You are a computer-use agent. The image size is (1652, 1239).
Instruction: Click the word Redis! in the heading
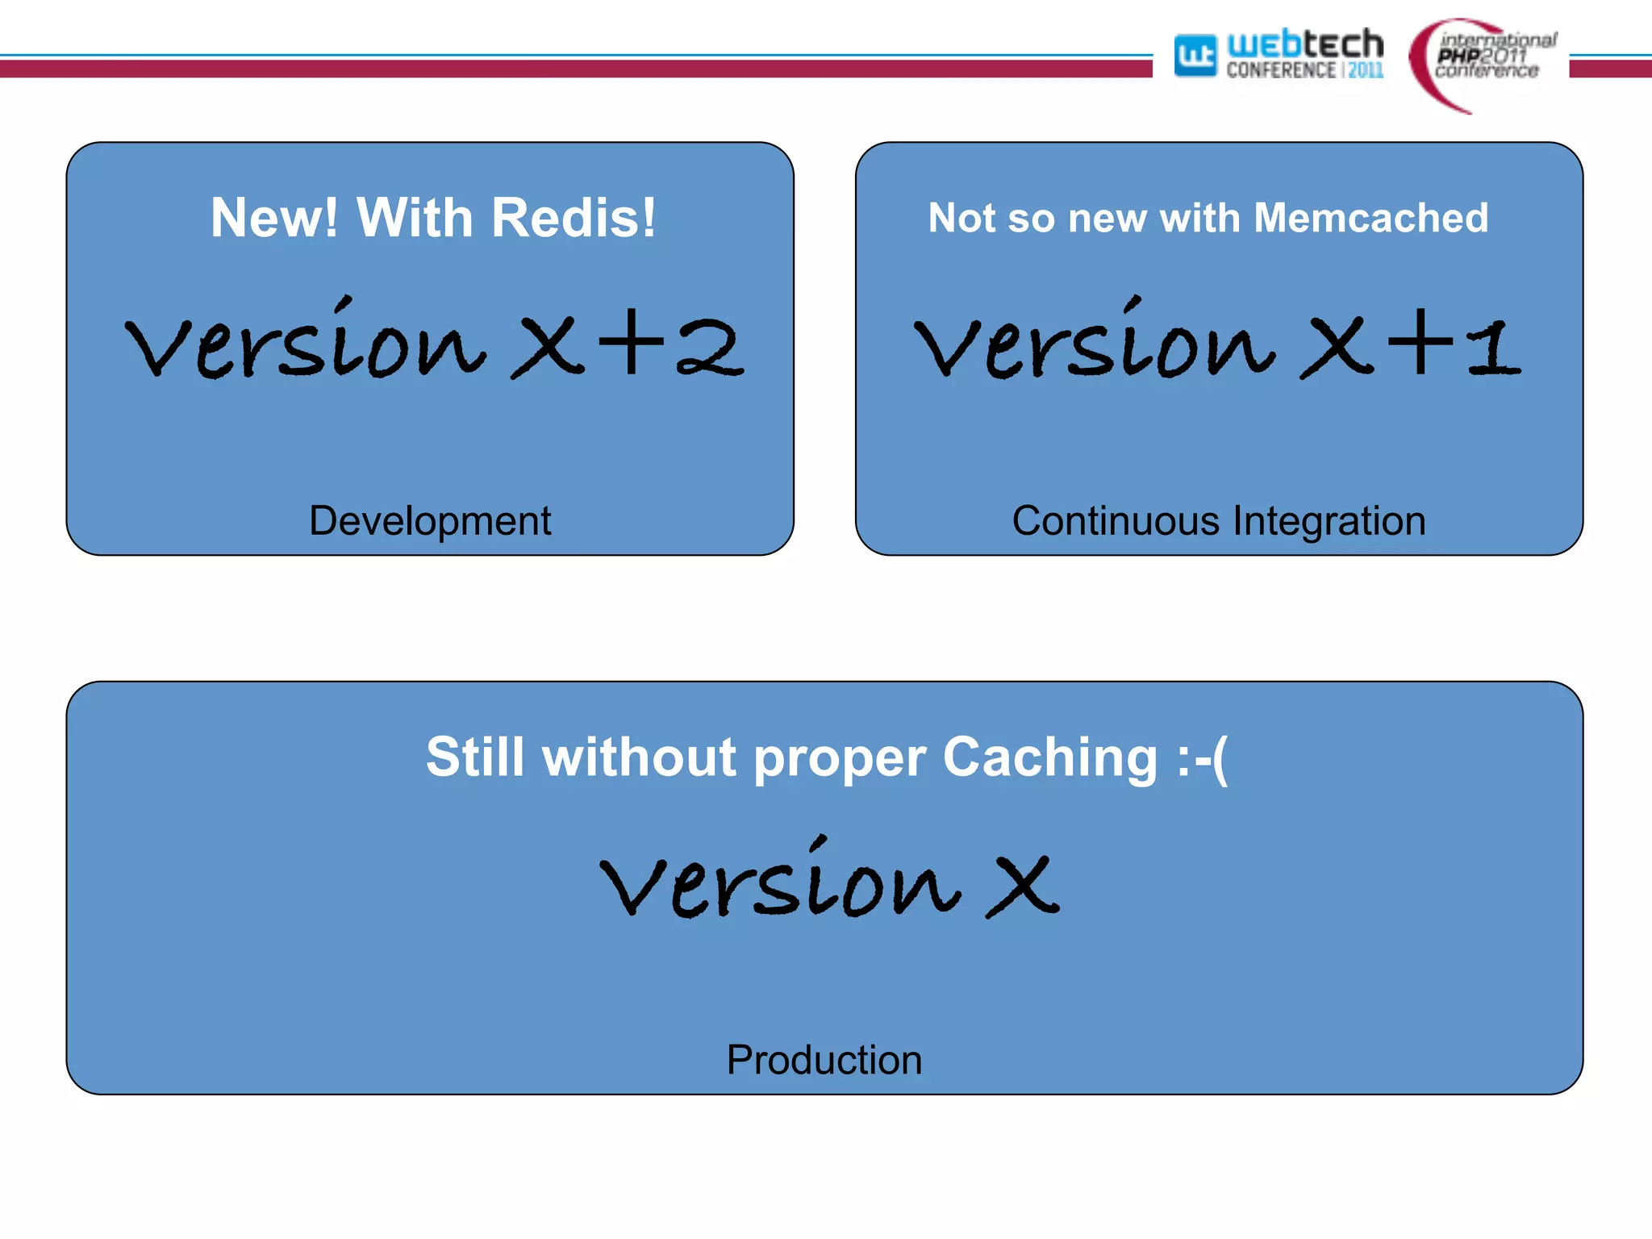tap(574, 218)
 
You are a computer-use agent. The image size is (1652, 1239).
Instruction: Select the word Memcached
tap(1371, 218)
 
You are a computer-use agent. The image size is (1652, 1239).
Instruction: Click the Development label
tap(430, 521)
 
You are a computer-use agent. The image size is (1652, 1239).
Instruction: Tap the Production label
tap(824, 1060)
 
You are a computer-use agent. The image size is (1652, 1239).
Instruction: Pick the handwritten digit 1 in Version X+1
tap(1494, 348)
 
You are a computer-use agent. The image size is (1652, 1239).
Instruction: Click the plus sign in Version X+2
tap(631, 343)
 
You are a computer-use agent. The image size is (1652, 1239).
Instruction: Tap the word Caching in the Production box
tap(1050, 758)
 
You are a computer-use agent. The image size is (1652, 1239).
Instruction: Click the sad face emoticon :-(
tap(1202, 758)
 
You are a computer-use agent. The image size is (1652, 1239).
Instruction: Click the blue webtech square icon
tap(1195, 56)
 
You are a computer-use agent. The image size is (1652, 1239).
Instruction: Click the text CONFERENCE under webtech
tap(1281, 71)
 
